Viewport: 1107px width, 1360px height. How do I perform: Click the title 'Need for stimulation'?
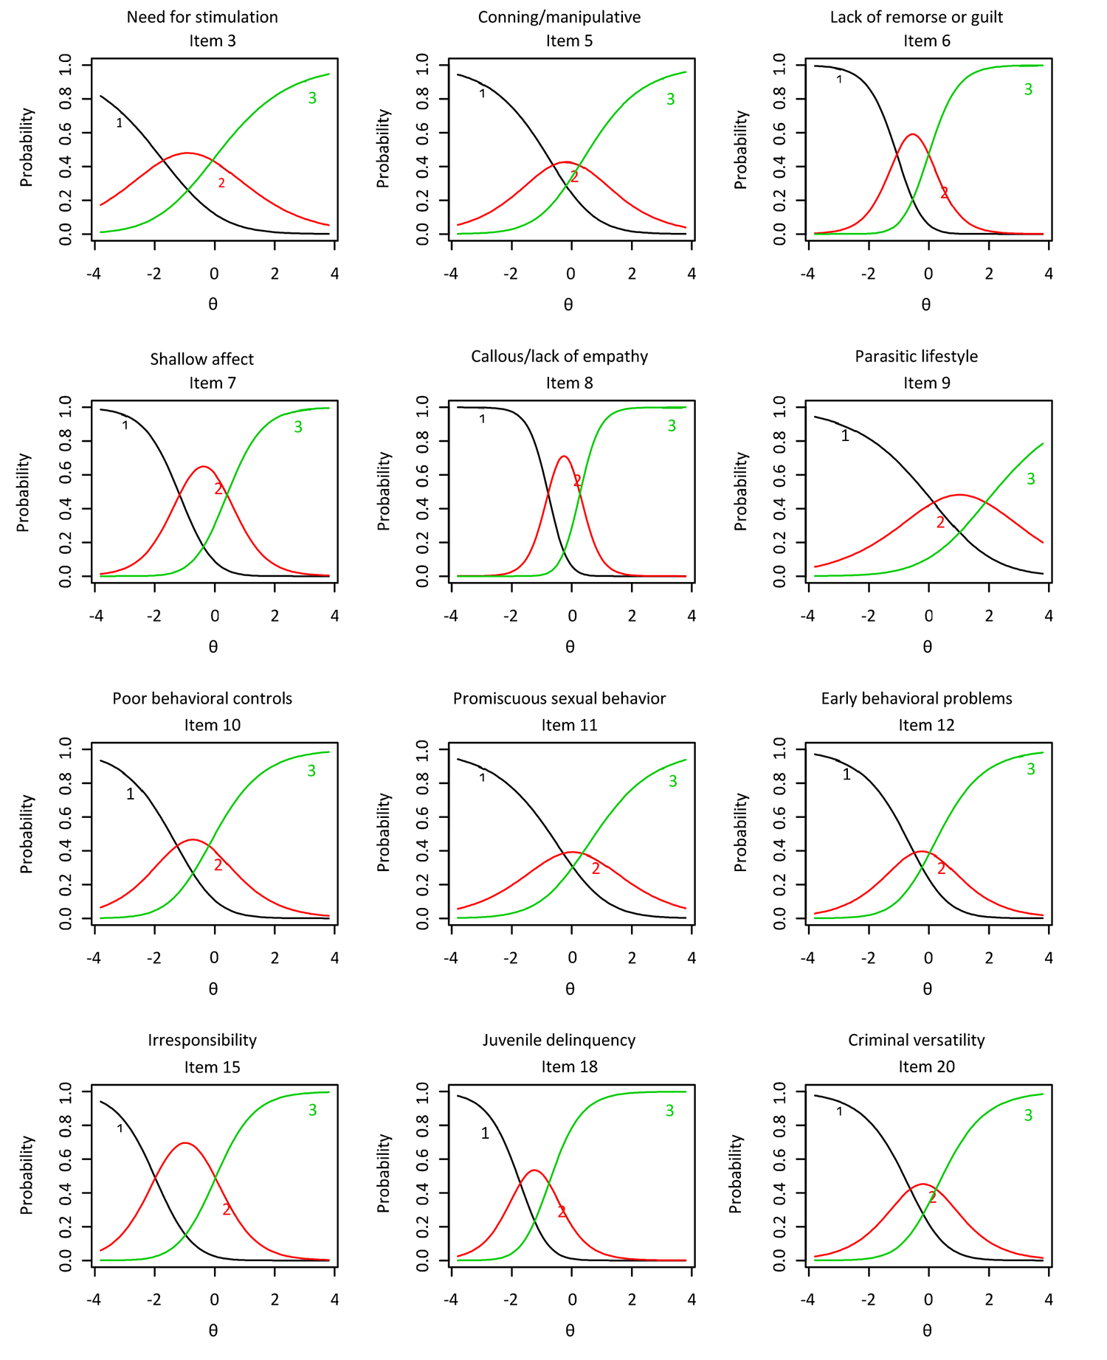click(202, 17)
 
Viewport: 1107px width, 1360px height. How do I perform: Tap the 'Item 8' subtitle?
click(569, 383)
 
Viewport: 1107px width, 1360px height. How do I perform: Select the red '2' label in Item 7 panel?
click(218, 488)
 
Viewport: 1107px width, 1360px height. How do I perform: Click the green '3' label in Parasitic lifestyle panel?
click(1031, 479)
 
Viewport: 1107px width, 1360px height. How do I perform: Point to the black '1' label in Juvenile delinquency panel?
click(485, 1134)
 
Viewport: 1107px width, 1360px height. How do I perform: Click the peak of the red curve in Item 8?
click(564, 457)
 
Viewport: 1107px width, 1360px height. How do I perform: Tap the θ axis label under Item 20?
click(927, 1330)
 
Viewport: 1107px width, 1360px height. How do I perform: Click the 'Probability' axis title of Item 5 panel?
click(383, 149)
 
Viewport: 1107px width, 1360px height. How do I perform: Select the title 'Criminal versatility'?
click(916, 1040)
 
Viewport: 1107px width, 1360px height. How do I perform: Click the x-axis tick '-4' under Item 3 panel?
click(94, 274)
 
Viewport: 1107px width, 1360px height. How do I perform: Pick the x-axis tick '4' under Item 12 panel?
click(1049, 958)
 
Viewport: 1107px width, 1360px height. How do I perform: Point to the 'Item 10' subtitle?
click(212, 725)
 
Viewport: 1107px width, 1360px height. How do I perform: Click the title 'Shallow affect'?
click(201, 359)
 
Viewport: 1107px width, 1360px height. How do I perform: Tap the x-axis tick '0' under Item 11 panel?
click(572, 958)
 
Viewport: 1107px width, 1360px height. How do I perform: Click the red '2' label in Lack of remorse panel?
click(944, 193)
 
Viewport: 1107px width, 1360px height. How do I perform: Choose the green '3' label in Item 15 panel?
click(312, 1110)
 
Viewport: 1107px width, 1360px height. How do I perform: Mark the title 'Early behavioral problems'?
click(916, 698)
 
